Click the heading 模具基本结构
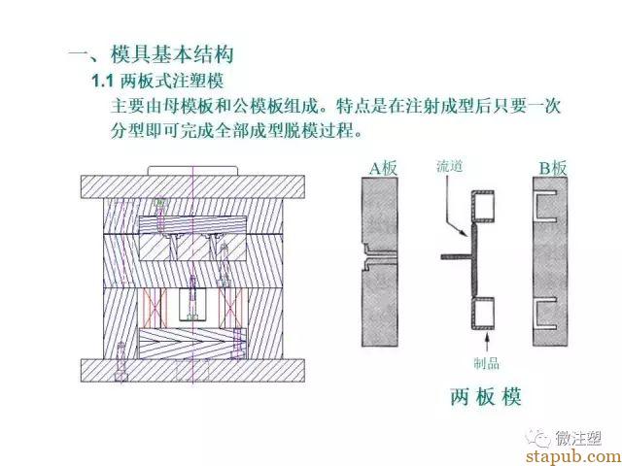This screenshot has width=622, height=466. (x=172, y=54)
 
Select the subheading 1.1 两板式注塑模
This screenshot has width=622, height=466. (x=157, y=82)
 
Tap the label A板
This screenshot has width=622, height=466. (x=383, y=168)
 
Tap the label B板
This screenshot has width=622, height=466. (x=553, y=168)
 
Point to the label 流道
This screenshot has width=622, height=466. (x=449, y=166)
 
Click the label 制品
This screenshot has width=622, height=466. (x=486, y=363)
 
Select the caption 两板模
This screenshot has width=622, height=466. (x=486, y=396)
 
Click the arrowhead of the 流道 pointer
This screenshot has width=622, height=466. (x=464, y=233)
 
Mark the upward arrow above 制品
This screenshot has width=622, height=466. (x=487, y=343)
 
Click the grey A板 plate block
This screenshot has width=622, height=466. (x=380, y=261)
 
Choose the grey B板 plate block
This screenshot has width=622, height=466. (x=550, y=261)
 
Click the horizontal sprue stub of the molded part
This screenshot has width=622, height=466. (x=456, y=256)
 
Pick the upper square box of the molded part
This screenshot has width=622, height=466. (x=483, y=207)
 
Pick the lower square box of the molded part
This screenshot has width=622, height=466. (x=483, y=313)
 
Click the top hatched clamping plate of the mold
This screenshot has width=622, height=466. (x=192, y=186)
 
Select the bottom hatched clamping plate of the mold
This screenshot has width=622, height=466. (x=192, y=371)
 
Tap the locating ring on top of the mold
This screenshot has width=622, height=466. (x=192, y=171)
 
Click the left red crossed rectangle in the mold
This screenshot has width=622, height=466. (x=153, y=308)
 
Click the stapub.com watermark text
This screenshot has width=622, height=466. (x=573, y=456)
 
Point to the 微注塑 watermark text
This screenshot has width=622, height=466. (x=578, y=438)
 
